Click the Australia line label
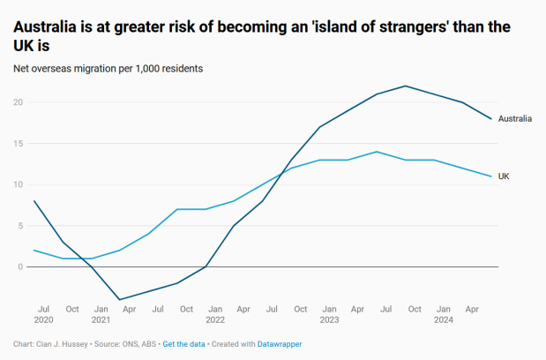click(514, 118)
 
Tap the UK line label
click(504, 176)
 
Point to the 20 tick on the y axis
click(18, 102)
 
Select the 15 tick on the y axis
click(18, 143)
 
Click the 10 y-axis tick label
click(18, 184)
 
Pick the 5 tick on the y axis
click(20, 225)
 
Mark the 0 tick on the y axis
click(20, 266)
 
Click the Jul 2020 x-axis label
click(43, 314)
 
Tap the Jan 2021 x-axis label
click(101, 314)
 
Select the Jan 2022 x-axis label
click(215, 314)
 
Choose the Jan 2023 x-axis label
click(329, 314)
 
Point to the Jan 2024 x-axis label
click(443, 314)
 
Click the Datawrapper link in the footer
click(279, 344)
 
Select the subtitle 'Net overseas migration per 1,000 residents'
click(108, 68)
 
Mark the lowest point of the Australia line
click(119, 299)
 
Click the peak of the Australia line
click(405, 86)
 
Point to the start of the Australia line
click(34, 201)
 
